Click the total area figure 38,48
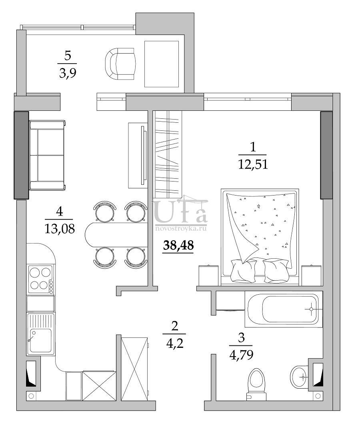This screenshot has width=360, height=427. [178, 245]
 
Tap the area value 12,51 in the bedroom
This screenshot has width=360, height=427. [253, 164]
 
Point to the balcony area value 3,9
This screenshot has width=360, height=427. [68, 73]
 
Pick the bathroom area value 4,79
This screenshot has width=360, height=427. [242, 355]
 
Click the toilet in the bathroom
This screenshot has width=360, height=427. [256, 384]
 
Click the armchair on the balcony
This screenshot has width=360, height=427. [120, 64]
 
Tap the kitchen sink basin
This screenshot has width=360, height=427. [41, 340]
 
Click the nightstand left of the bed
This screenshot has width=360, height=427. [208, 275]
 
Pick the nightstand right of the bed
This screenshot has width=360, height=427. [312, 275]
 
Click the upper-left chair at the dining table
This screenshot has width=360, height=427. [105, 211]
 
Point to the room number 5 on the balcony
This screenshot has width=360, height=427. [68, 56]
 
